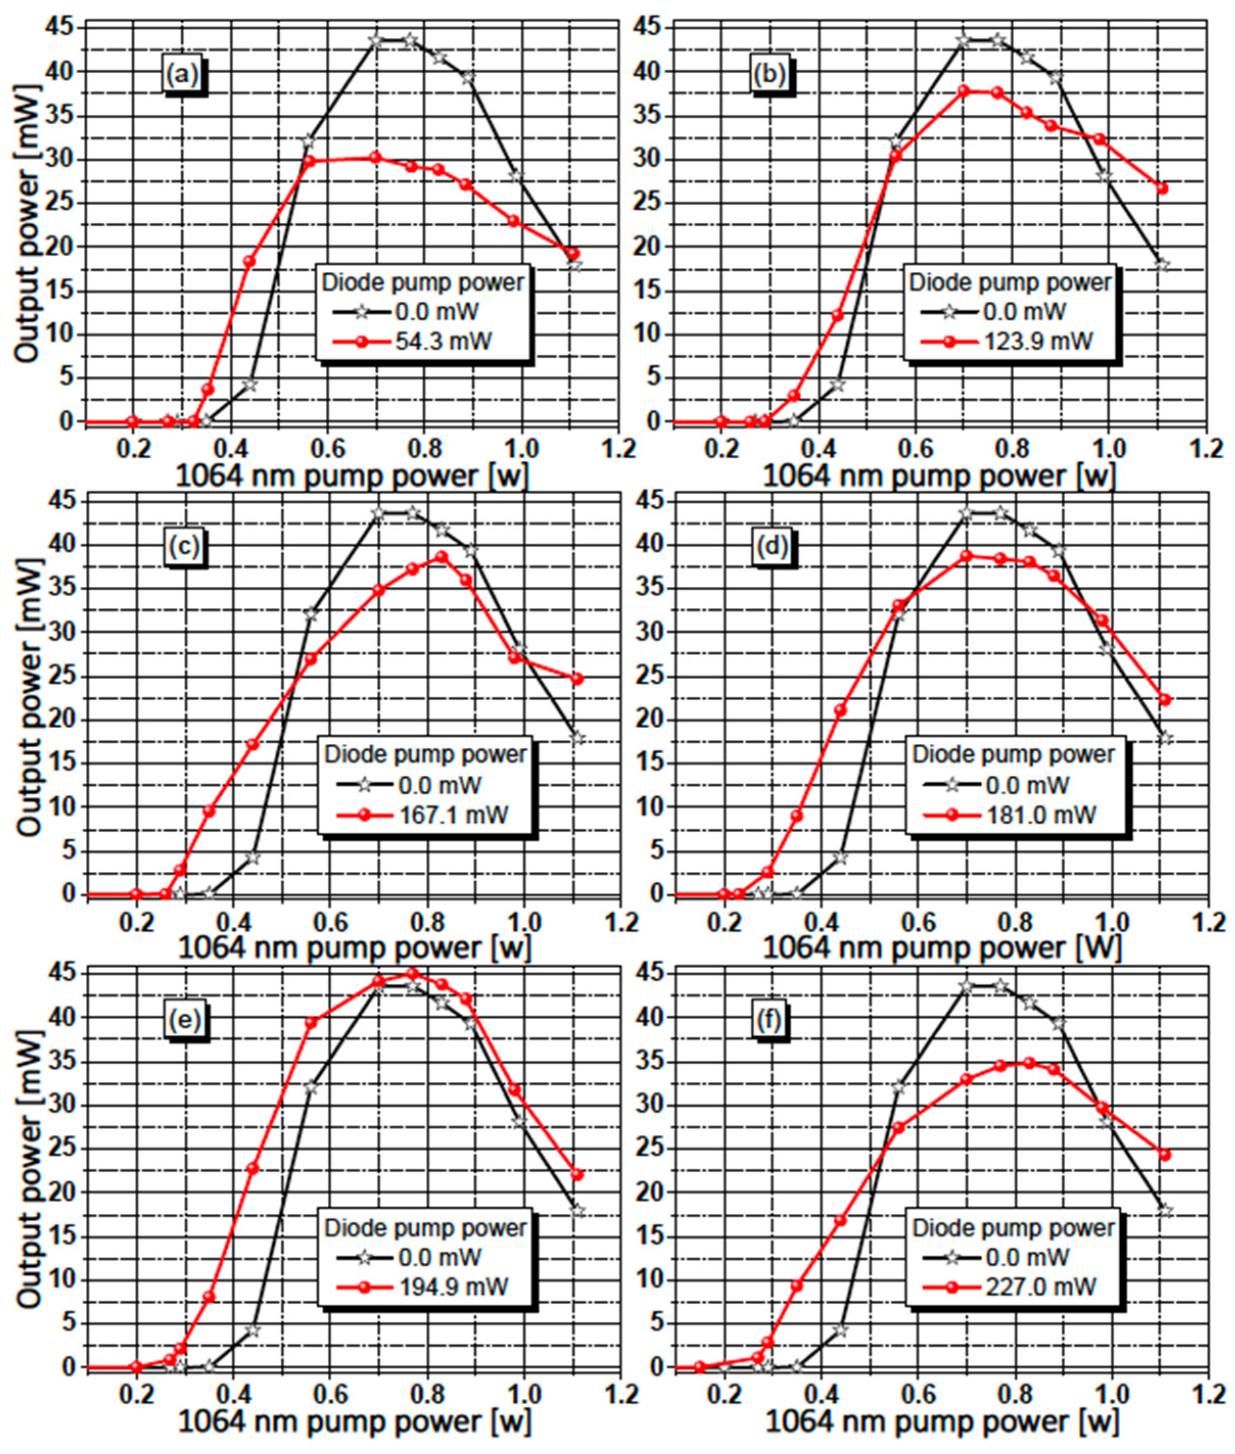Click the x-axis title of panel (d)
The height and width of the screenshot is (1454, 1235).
pyautogui.click(x=942, y=948)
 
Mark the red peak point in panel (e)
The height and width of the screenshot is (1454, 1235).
pyautogui.click(x=412, y=974)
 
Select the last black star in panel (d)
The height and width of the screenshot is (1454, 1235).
pyautogui.click(x=1165, y=738)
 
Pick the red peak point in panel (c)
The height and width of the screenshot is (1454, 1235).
pyautogui.click(x=442, y=557)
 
